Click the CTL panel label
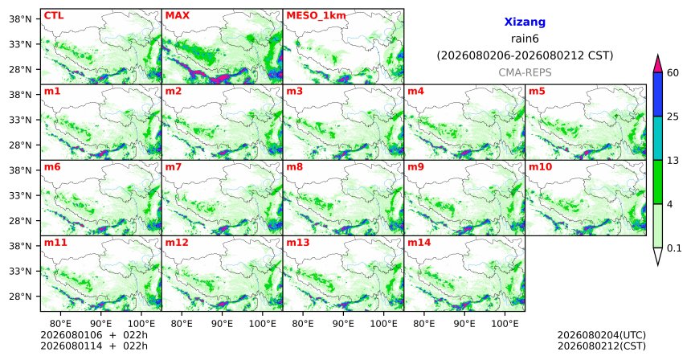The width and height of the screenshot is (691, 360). (x=54, y=16)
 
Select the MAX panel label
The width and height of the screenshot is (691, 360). (x=177, y=16)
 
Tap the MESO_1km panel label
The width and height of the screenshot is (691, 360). (x=316, y=16)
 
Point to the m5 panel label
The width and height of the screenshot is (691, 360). (x=537, y=92)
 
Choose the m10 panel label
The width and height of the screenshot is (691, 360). (x=540, y=167)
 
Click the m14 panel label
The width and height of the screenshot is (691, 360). (x=419, y=243)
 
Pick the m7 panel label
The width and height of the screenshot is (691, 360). (x=174, y=167)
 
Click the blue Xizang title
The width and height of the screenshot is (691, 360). (x=525, y=22)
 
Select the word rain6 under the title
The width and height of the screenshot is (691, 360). (x=525, y=39)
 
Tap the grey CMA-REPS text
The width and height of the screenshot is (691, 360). (x=525, y=72)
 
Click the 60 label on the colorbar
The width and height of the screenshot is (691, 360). (x=673, y=73)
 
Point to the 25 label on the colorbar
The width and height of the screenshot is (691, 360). (x=673, y=117)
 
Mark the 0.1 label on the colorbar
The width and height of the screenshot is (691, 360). (x=674, y=248)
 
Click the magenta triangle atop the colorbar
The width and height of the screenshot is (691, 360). (x=657, y=64)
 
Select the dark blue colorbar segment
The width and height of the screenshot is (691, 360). (x=657, y=94)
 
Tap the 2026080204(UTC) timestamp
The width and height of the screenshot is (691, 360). (x=602, y=336)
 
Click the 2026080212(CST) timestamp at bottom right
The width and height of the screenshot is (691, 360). (x=602, y=346)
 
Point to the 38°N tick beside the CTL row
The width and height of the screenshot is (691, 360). (x=21, y=19)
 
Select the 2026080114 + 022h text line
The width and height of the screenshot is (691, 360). (x=94, y=346)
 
